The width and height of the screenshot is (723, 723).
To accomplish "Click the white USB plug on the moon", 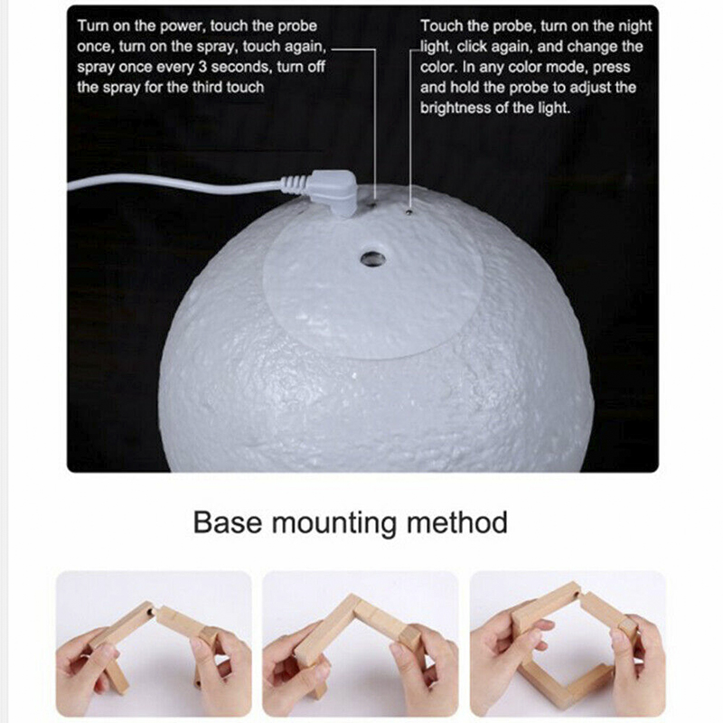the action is [333, 191].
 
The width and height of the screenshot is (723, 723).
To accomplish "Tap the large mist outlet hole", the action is [372, 258].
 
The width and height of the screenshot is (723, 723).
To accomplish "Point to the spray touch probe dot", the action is [374, 202].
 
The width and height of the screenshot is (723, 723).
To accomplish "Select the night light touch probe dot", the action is [409, 211].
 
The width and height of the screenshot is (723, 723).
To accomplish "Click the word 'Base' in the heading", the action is [228, 522].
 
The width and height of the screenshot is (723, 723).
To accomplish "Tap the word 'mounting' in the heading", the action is [333, 524].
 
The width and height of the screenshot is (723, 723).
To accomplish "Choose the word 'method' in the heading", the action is [457, 522].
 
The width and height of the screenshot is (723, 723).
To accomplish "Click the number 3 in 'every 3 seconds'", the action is [202, 67].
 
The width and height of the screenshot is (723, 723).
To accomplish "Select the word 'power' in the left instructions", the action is [182, 26].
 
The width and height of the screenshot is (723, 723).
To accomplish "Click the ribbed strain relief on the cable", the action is [294, 183].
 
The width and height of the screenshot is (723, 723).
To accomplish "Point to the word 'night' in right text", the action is [634, 26].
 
